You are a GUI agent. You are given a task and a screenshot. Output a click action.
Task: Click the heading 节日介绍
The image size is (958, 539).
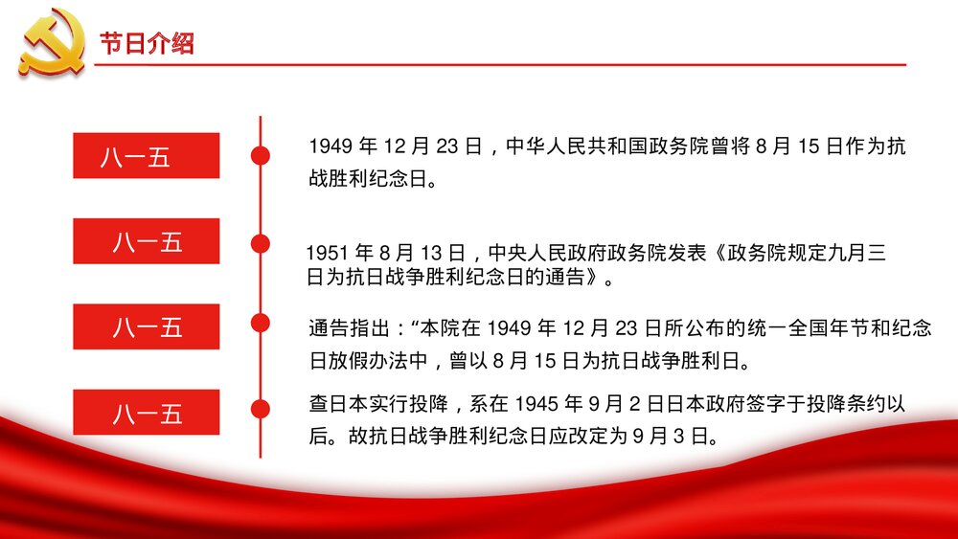147,43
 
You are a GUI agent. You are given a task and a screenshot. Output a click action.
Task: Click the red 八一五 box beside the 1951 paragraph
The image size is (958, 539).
147,241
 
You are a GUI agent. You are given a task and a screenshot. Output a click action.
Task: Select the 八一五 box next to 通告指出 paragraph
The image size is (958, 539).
147,326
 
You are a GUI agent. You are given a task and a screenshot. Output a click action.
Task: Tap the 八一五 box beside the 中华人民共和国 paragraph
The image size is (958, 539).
147,155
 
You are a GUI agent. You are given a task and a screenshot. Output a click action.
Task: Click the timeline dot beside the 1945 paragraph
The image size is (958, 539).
260,410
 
